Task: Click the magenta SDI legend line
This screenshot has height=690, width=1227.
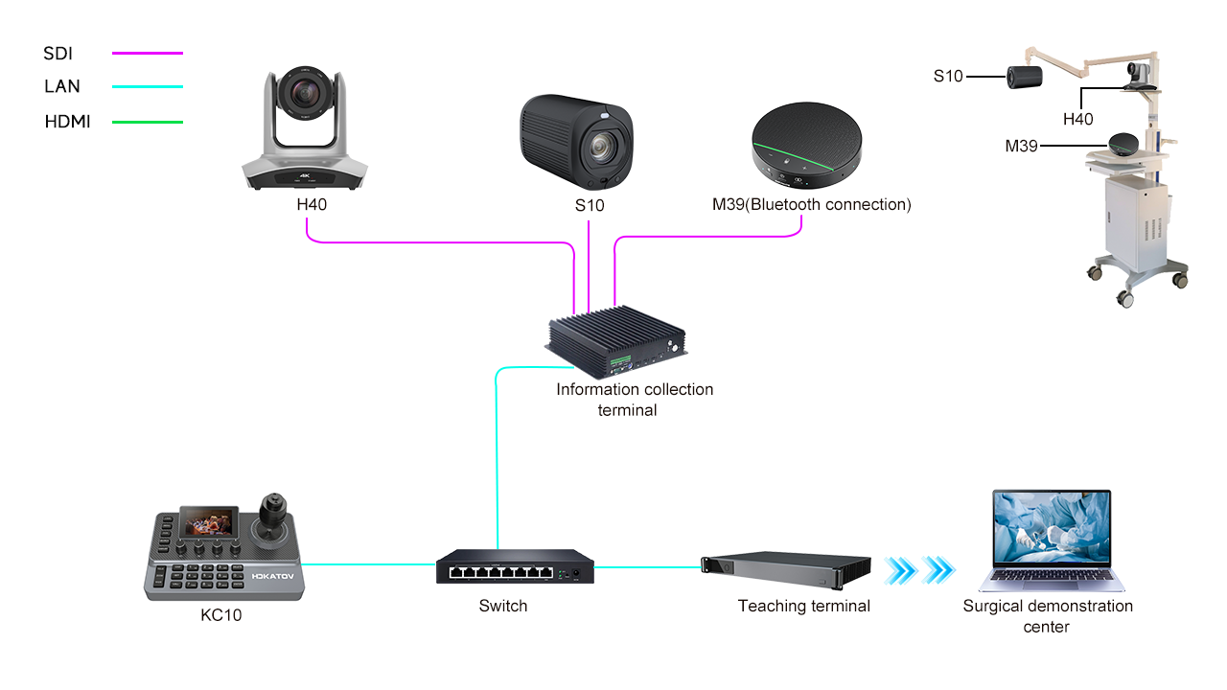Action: [147, 54]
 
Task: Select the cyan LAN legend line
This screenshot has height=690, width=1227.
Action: [147, 87]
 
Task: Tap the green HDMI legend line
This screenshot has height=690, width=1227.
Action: [147, 122]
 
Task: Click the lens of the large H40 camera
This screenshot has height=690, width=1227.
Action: [305, 93]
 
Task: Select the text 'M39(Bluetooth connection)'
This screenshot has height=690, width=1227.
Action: [811, 204]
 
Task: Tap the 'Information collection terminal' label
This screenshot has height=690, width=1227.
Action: [635, 400]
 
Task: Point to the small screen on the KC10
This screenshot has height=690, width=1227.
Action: [211, 524]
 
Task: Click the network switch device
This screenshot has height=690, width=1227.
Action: [515, 567]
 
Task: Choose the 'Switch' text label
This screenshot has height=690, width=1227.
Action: [503, 606]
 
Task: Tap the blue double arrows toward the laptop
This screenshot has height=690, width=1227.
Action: [919, 570]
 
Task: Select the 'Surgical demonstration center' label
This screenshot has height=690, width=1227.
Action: [1048, 616]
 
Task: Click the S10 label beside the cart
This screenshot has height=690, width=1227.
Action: [948, 75]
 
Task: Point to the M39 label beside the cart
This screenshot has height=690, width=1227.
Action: [1022, 146]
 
